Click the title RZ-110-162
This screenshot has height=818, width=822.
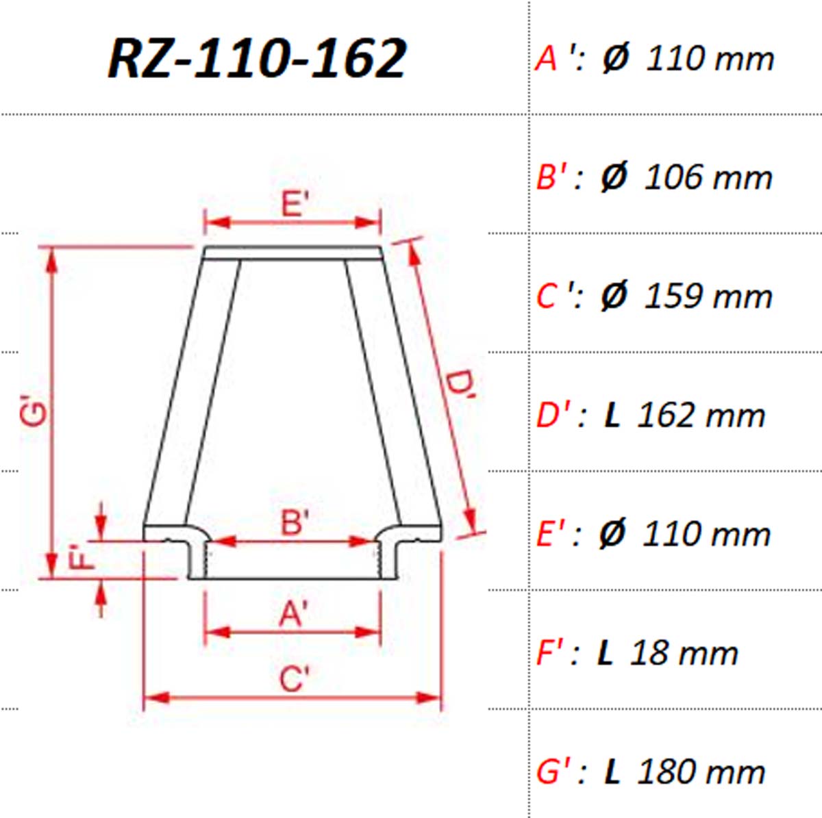coord(258,58)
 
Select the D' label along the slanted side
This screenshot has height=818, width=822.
coord(460,389)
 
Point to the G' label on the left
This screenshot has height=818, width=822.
coord(34,411)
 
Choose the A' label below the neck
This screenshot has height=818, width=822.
coord(293,613)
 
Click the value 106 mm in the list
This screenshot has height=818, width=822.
coord(708,177)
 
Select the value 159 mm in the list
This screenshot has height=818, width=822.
coord(708,296)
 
